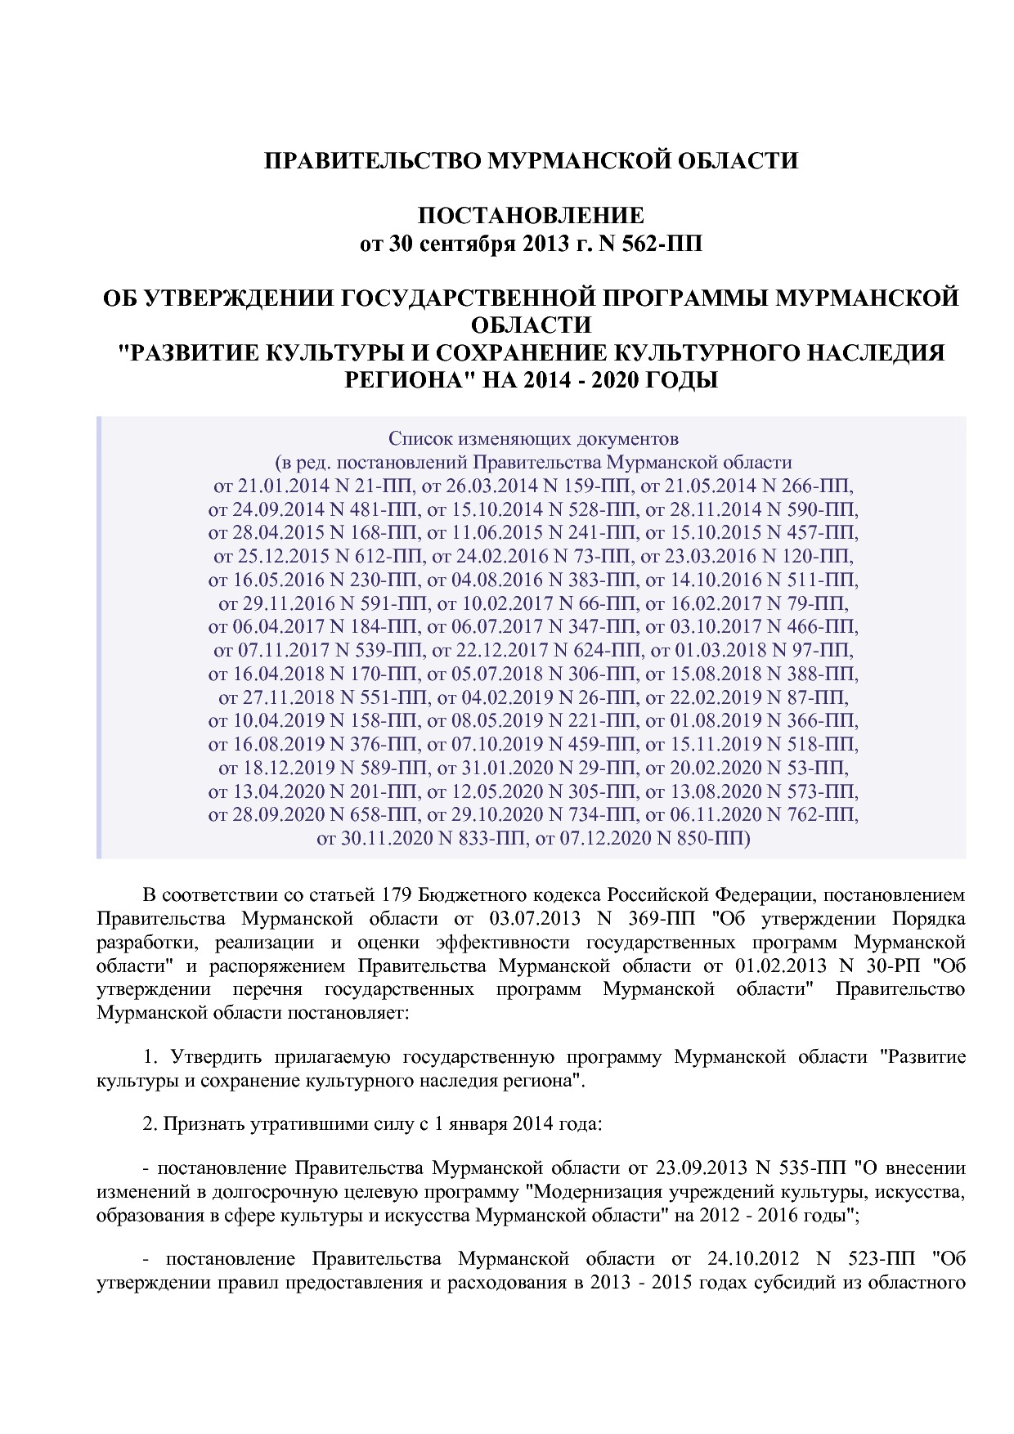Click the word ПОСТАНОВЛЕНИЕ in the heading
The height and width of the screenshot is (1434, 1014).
pos(531,216)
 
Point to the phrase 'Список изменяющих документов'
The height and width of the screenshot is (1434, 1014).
pos(533,439)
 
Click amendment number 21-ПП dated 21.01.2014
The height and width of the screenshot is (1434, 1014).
pos(371,486)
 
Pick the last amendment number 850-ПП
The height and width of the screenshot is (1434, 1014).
pos(707,839)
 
